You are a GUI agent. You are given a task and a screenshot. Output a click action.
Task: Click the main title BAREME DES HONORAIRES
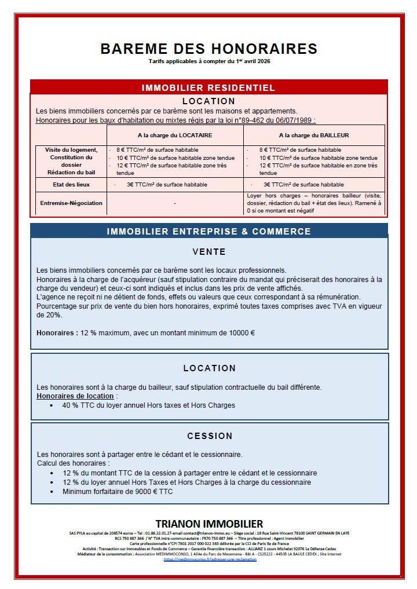209,49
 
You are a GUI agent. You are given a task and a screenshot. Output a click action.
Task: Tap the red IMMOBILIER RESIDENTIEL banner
209,88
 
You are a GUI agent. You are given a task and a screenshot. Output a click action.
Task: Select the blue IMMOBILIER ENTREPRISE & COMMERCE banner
209,232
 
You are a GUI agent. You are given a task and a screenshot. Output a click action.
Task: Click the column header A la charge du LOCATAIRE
174,136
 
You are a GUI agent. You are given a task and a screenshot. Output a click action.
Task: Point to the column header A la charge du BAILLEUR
313,136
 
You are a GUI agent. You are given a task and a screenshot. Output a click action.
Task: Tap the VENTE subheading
209,253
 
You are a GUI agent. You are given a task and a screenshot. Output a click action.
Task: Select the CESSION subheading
210,436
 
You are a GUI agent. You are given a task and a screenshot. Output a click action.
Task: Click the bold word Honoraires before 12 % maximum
57,334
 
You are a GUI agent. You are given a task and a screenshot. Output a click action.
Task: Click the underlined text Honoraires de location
75,396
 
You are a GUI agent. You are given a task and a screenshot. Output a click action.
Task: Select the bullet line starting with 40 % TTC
149,405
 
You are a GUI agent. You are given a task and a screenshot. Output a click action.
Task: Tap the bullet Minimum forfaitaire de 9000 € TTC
118,492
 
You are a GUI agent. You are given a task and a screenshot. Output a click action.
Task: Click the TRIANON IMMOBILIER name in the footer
209,524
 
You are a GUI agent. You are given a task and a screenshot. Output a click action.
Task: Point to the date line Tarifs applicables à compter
209,61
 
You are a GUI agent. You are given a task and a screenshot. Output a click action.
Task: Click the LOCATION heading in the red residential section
209,101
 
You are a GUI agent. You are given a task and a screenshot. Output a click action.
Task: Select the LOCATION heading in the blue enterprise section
209,368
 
